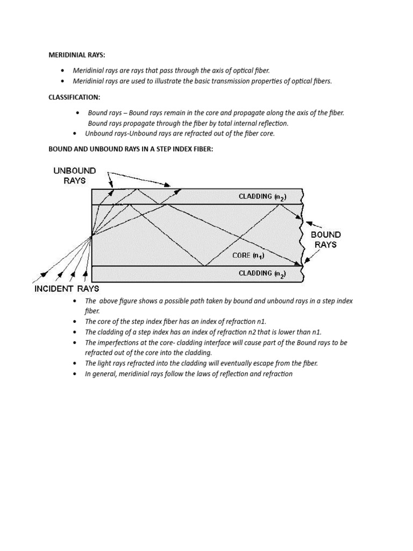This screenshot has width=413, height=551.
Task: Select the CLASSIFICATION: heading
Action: [x=74, y=97]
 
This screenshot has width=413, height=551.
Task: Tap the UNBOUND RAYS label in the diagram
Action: [x=74, y=175]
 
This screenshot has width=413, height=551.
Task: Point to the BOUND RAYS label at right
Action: [x=325, y=239]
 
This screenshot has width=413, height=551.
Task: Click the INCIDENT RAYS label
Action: [x=67, y=289]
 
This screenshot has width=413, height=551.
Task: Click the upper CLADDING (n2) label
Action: [x=262, y=197]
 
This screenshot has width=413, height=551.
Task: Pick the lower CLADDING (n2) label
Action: [x=262, y=273]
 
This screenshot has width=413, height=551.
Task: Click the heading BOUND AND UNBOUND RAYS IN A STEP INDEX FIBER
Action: [x=131, y=149]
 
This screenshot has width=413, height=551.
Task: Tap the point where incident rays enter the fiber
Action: [x=92, y=235]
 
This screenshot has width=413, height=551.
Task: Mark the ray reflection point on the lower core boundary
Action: [x=204, y=265]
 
